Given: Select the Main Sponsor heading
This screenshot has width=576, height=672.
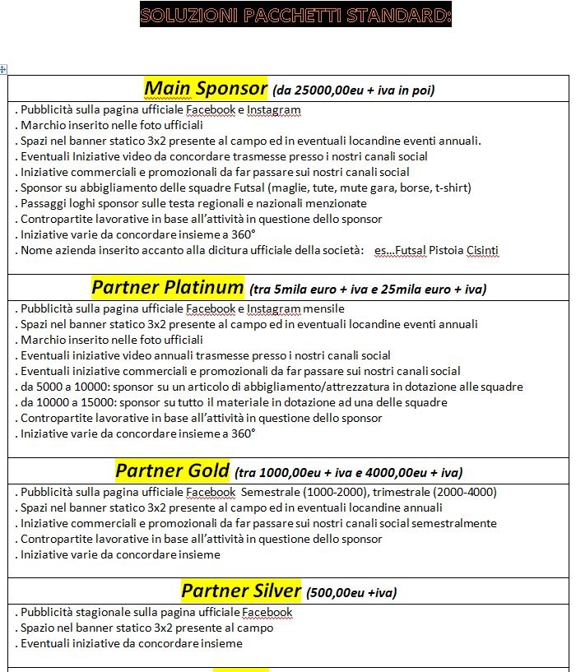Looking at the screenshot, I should [206, 88].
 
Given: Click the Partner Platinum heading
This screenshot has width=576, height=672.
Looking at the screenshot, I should [168, 287].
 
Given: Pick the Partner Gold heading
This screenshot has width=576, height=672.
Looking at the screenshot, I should [172, 470].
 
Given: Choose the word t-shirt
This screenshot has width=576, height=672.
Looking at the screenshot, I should [452, 188].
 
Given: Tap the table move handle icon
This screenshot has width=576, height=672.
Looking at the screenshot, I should [3, 70].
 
